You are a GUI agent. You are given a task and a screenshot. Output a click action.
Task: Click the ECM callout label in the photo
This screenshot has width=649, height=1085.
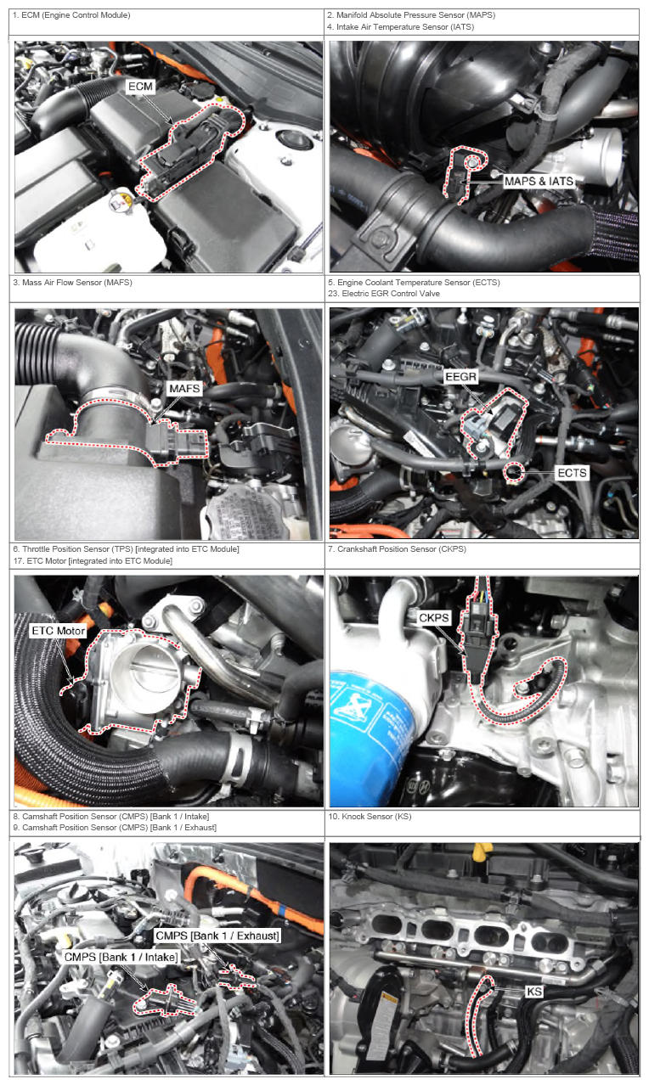140,87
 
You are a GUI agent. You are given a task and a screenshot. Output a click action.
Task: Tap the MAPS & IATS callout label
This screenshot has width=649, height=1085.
539,181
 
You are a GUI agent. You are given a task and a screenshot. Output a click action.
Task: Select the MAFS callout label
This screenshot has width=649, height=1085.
184,389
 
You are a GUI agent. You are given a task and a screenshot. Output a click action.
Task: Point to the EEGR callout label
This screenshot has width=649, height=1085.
460,376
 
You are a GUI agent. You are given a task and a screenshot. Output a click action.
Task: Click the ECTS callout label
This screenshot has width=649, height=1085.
572,473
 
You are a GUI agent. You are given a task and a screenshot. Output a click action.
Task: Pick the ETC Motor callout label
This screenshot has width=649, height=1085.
58,631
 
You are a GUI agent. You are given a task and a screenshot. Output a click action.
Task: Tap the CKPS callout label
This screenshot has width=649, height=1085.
434,617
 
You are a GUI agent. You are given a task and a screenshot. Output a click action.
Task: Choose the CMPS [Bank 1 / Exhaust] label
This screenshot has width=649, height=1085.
217,936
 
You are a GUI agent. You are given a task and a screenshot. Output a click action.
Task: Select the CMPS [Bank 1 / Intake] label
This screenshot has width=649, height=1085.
121,957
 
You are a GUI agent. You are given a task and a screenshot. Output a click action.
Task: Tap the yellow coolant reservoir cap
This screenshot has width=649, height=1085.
121,200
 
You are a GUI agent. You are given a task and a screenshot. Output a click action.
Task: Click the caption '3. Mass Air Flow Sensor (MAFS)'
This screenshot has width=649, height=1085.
72,283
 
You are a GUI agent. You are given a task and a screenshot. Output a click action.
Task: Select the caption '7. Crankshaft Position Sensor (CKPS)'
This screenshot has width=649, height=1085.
397,548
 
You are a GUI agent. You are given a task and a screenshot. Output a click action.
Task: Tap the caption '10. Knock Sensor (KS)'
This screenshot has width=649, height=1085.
370,816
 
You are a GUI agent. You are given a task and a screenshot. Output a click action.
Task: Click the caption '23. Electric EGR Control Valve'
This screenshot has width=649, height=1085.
383,294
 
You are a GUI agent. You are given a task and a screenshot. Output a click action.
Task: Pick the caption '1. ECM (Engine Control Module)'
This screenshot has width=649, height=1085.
71,15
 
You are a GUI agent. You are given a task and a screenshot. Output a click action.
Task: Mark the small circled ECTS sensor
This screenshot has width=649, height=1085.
513,472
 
